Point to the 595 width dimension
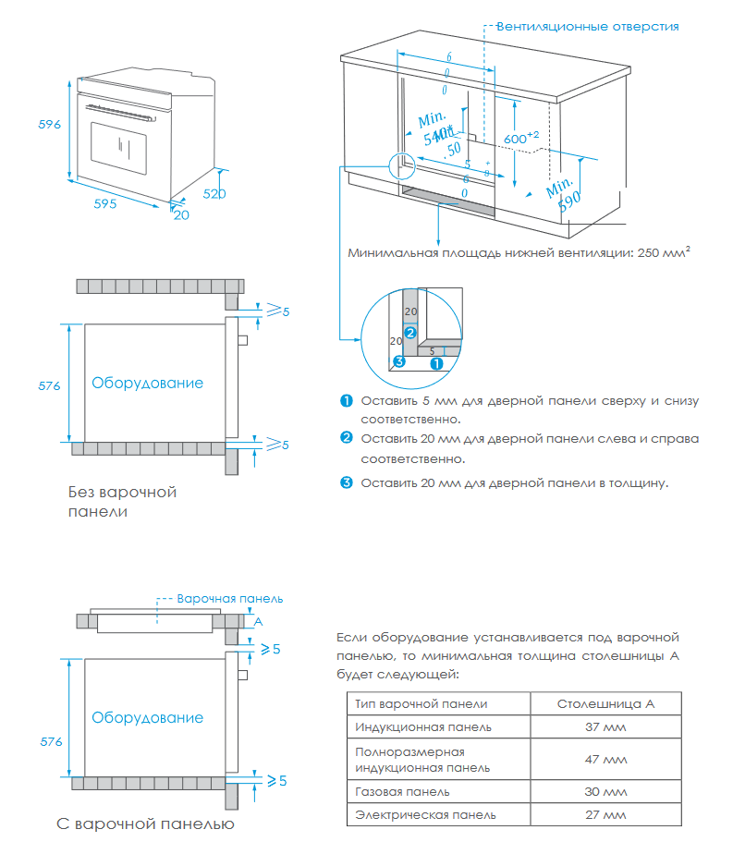(x=104, y=205)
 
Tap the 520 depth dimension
(x=214, y=194)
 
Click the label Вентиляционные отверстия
(x=587, y=26)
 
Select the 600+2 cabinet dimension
(x=520, y=138)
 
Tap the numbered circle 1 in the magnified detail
(x=437, y=363)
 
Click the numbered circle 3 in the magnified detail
(x=398, y=361)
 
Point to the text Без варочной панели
(x=122, y=501)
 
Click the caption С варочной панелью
(x=145, y=823)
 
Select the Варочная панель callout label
(x=229, y=598)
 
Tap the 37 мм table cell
(x=605, y=726)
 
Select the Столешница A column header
(x=605, y=703)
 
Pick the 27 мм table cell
(x=605, y=814)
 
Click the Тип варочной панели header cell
(x=421, y=703)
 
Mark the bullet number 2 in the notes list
(x=347, y=437)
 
